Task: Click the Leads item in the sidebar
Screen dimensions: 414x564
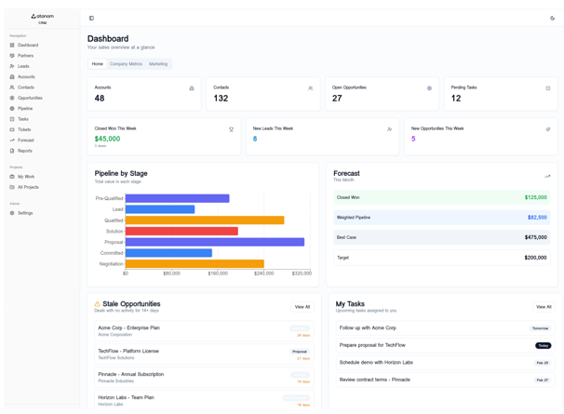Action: [x=23, y=66]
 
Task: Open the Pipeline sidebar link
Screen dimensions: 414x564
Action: [x=24, y=109]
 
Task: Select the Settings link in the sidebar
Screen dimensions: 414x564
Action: [x=24, y=213]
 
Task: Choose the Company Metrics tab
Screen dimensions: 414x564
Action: [x=126, y=64]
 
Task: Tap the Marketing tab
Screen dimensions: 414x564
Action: [x=158, y=64]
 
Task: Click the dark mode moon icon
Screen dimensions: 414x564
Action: [x=552, y=19]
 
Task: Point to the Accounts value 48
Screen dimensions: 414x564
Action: [x=100, y=99]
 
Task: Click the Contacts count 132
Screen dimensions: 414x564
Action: [x=221, y=99]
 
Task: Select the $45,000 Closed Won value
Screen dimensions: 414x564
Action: [x=107, y=139]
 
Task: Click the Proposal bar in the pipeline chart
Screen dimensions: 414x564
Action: [x=214, y=242]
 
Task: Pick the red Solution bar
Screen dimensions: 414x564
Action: [x=181, y=231]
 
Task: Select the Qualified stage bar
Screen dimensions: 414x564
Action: [x=205, y=220]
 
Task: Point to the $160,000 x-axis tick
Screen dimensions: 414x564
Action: [x=218, y=274]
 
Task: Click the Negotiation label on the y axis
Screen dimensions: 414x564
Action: [x=111, y=263]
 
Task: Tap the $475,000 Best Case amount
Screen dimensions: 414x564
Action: [x=535, y=237]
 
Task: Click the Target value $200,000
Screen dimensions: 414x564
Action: [x=535, y=258]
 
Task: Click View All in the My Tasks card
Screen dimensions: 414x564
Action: [x=543, y=307]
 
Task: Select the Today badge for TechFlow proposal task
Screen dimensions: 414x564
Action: [x=543, y=345]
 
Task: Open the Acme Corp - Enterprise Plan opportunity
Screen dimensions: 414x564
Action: [x=128, y=327]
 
